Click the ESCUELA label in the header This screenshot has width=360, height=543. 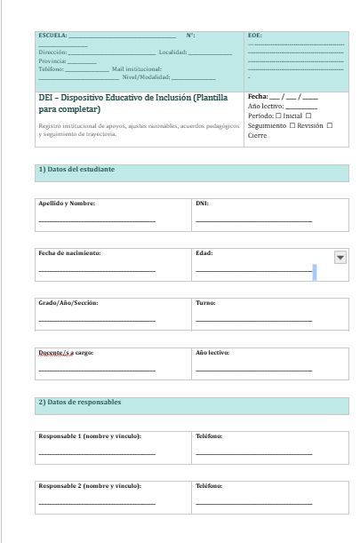(52, 35)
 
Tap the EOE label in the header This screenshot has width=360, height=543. (254, 35)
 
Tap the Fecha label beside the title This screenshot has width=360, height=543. (258, 95)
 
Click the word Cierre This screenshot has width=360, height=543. (257, 135)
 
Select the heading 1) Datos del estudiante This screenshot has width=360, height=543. (76, 169)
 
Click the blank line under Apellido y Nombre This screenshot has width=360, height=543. (97, 220)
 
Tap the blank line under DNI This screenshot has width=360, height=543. (254, 220)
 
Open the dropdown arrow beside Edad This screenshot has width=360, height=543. (339, 257)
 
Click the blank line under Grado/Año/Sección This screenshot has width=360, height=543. (97, 320)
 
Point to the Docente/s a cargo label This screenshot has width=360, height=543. (66, 353)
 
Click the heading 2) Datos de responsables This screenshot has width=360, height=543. (79, 402)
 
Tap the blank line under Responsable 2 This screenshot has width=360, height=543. (97, 503)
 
